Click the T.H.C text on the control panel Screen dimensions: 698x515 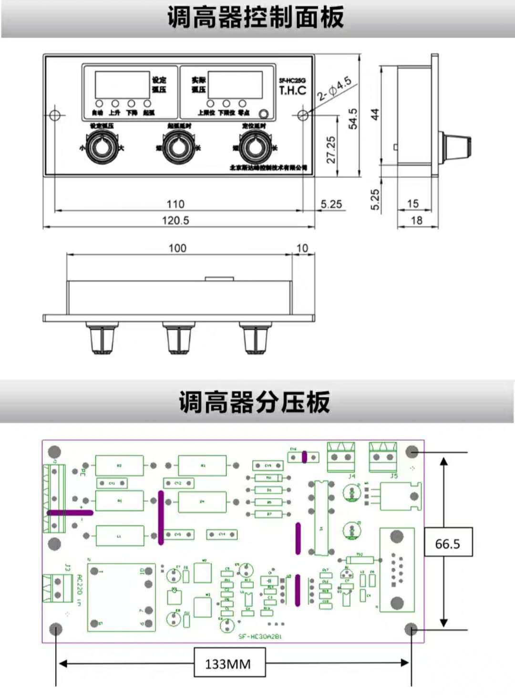point(292,90)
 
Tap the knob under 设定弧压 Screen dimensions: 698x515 point(102,147)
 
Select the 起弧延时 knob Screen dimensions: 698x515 point(178,147)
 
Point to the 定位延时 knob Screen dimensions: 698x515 point(255,147)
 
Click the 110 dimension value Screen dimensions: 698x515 point(175,204)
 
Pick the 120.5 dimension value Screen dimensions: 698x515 point(175,220)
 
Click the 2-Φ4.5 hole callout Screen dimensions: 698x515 point(335,89)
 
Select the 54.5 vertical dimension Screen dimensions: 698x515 point(353,119)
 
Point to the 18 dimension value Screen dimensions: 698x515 point(417,220)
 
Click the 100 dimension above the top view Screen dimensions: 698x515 point(177,248)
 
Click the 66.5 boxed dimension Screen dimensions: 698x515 point(448,543)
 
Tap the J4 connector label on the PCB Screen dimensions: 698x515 point(351,476)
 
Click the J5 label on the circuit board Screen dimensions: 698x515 point(394,476)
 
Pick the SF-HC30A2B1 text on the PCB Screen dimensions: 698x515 point(260,636)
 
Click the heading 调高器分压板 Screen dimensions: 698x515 point(255,402)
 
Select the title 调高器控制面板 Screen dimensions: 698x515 point(256,18)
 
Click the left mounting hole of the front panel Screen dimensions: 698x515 point(55,115)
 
